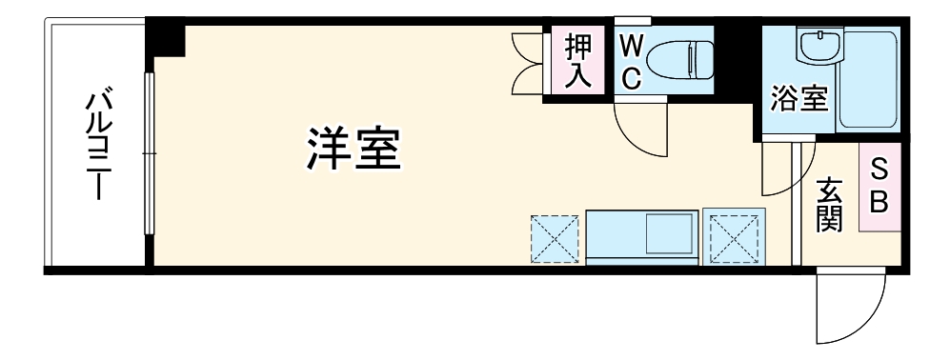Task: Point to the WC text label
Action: (631, 62)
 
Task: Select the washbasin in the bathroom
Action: (816, 46)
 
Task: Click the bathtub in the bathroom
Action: (867, 81)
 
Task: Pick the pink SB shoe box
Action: (879, 187)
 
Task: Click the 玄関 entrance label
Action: (828, 204)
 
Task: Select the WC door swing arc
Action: (638, 126)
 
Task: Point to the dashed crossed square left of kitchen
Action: (555, 238)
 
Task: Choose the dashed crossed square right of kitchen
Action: (733, 238)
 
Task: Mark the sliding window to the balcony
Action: (149, 152)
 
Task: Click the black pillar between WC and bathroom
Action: (737, 57)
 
